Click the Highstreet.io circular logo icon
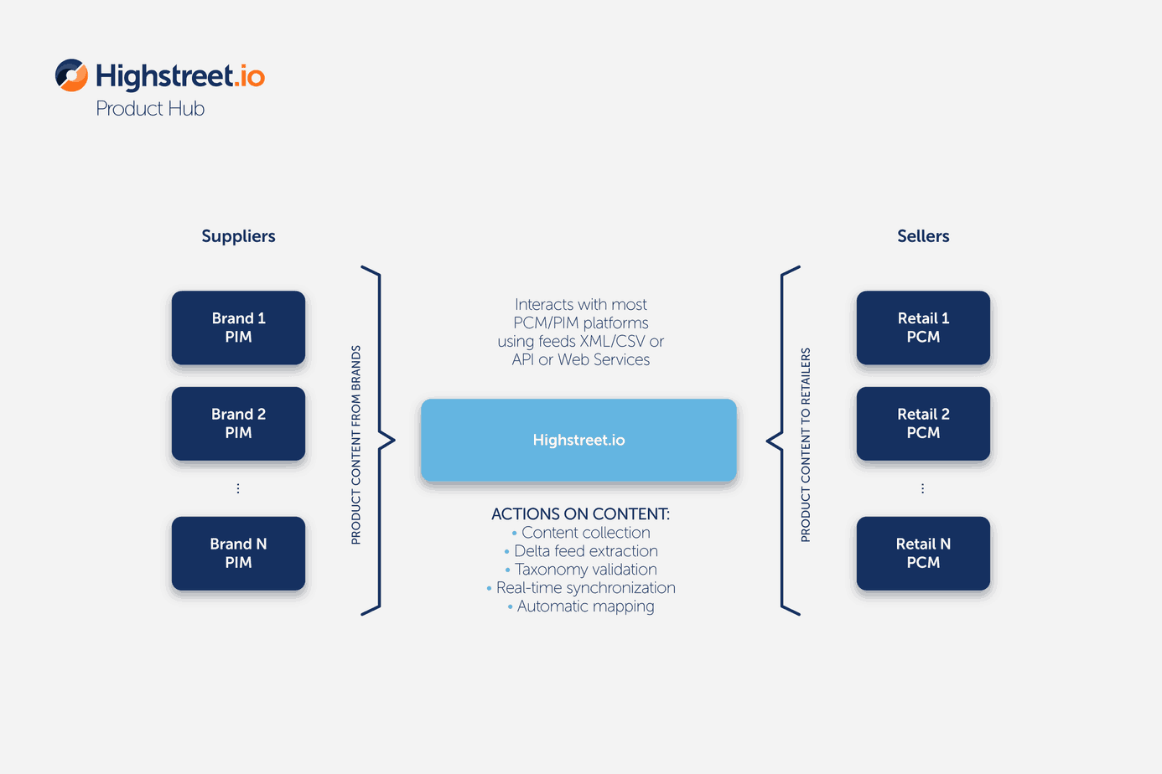[71, 75]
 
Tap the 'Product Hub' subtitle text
[150, 109]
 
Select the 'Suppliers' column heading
[238, 236]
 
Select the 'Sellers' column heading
[923, 236]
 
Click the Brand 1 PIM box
[239, 328]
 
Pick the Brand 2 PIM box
[239, 424]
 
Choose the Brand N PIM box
[239, 553]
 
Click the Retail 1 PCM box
[923, 328]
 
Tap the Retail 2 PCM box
[923, 424]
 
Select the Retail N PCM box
[923, 553]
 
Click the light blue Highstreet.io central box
[579, 440]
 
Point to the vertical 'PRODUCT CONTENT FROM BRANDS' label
[355, 445]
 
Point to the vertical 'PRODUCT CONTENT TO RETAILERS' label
[806, 445]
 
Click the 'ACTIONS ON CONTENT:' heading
[580, 513]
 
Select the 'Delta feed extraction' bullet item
[581, 551]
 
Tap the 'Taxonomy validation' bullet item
[581, 570]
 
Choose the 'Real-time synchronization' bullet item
[581, 588]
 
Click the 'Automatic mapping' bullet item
[581, 606]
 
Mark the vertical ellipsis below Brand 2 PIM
[238, 488]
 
